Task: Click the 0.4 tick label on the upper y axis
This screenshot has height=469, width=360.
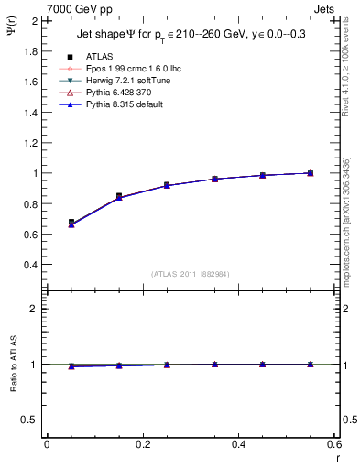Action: tap(31, 265)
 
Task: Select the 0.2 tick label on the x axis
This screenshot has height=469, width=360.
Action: tap(142, 444)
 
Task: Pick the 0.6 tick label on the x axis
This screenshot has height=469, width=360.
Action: tap(334, 444)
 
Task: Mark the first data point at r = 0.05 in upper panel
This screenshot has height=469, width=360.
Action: tap(71, 223)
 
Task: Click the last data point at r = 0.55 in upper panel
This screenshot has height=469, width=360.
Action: tap(311, 172)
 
